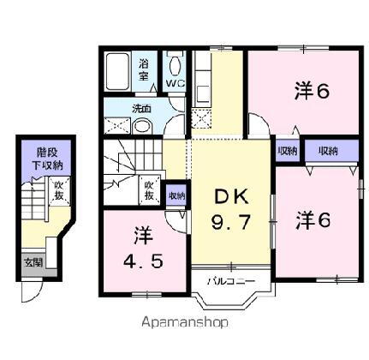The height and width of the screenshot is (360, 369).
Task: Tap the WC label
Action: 175,85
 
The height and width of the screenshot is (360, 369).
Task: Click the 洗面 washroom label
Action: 141,109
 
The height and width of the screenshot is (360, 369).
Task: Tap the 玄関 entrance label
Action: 32,262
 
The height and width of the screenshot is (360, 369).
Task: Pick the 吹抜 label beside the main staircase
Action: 149,190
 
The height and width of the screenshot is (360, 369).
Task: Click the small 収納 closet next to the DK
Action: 176,195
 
